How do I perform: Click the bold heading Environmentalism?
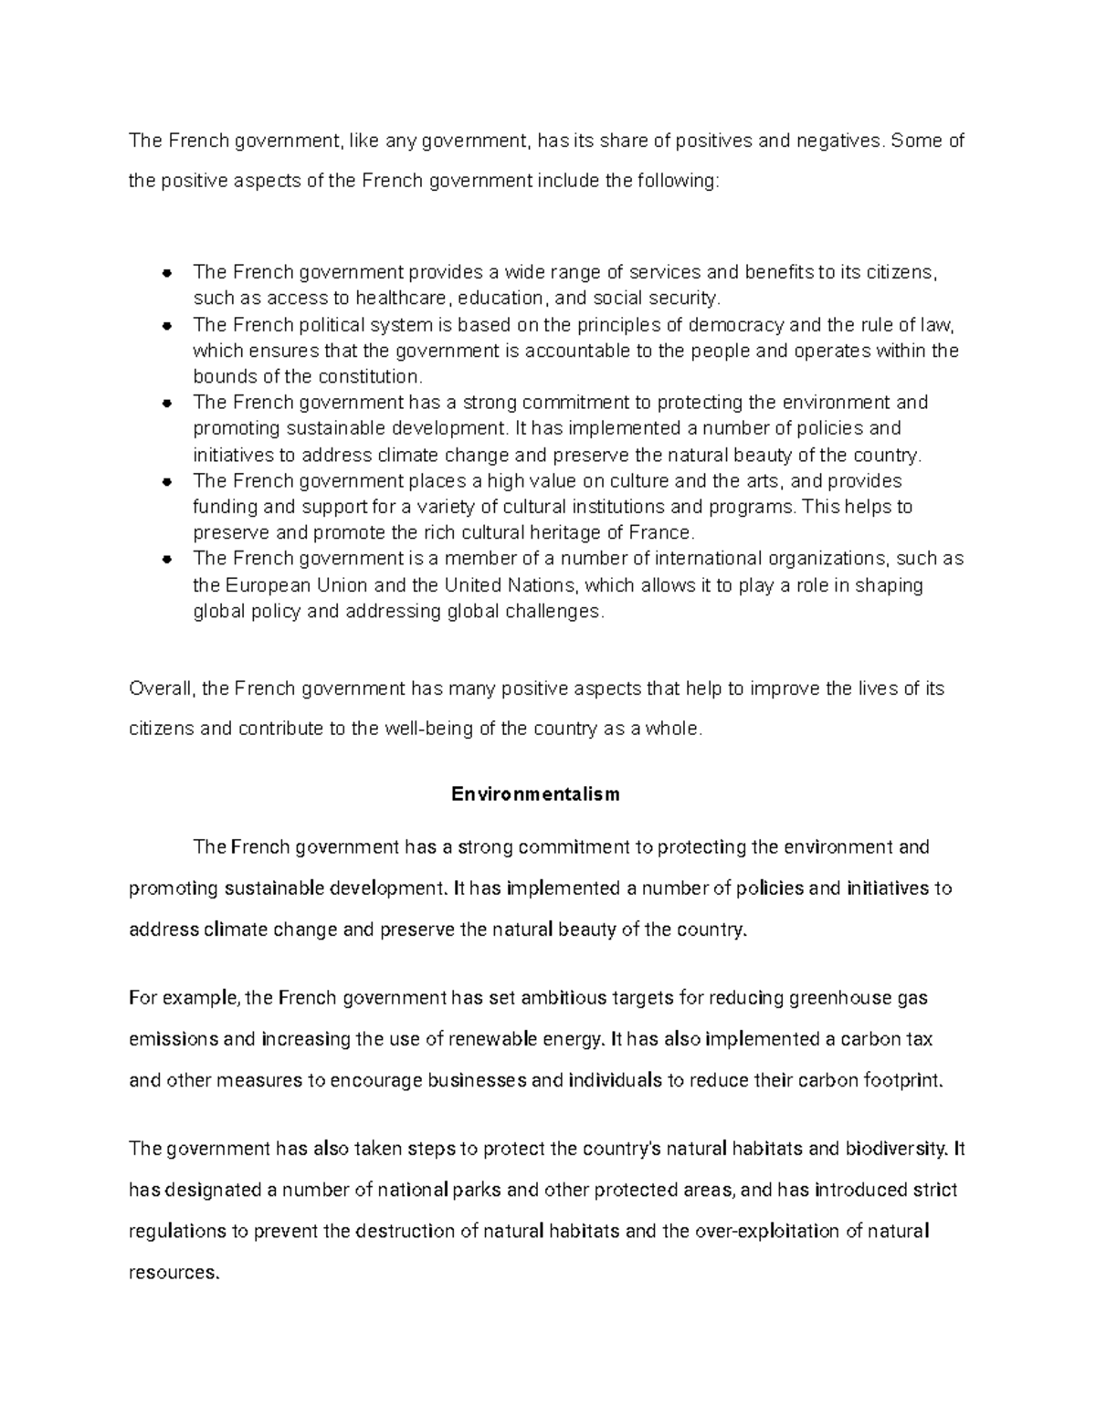click(x=535, y=794)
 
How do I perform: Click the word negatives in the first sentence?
click(x=838, y=141)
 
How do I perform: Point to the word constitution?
click(x=368, y=377)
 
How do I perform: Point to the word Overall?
click(x=162, y=688)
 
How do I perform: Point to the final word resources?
click(x=174, y=1273)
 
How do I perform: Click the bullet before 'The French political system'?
click(x=167, y=326)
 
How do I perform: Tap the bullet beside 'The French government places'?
click(x=167, y=482)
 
